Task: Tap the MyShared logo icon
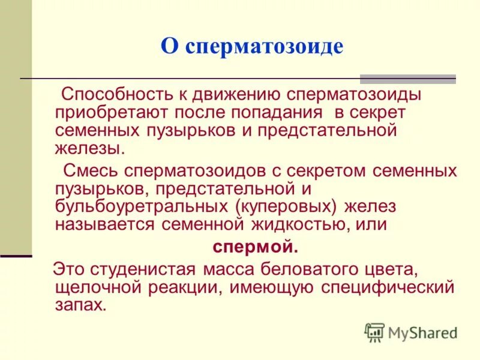click(374, 332)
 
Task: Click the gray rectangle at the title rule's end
click(407, 79)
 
